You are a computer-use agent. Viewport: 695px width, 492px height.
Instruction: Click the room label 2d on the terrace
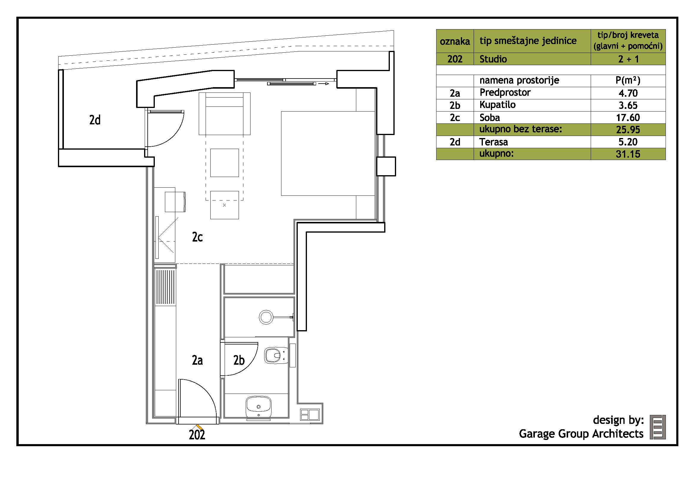pyautogui.click(x=95, y=120)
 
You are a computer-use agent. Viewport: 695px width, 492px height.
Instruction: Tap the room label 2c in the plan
pyautogui.click(x=197, y=237)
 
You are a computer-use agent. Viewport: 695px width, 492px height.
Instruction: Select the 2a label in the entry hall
pyautogui.click(x=197, y=360)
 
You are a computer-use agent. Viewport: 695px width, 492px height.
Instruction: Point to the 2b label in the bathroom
pyautogui.click(x=239, y=360)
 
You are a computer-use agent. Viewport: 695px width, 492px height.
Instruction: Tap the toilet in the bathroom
pyautogui.click(x=276, y=355)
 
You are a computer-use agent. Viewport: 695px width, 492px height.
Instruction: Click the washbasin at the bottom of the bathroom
pyautogui.click(x=259, y=407)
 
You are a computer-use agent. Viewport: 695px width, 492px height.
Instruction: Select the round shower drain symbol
pyautogui.click(x=266, y=317)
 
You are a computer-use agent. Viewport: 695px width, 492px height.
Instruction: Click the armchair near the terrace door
pyautogui.click(x=224, y=114)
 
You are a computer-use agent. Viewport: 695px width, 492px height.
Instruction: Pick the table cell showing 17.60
pyautogui.click(x=628, y=117)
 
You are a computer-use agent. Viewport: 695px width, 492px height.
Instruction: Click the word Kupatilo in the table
pyautogui.click(x=497, y=105)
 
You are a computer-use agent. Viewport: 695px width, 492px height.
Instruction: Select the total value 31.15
pyautogui.click(x=628, y=154)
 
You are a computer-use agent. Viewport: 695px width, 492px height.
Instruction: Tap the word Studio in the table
pyautogui.click(x=493, y=59)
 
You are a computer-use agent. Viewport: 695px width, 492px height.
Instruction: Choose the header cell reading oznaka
pyautogui.click(x=455, y=42)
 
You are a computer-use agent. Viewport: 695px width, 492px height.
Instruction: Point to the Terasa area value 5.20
pyautogui.click(x=628, y=142)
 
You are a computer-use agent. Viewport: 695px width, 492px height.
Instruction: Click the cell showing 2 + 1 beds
pyautogui.click(x=628, y=59)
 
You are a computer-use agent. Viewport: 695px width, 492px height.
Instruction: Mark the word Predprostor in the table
pyautogui.click(x=505, y=93)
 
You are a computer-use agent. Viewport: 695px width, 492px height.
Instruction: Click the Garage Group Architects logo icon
pyautogui.click(x=658, y=427)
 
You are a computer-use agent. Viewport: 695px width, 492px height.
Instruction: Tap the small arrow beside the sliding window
pyautogui.click(x=324, y=84)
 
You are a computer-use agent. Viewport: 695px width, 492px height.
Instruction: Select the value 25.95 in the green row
pyautogui.click(x=628, y=130)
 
